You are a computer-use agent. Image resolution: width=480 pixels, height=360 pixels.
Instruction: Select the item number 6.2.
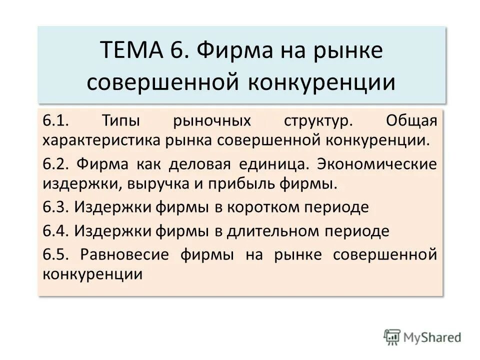(55, 164)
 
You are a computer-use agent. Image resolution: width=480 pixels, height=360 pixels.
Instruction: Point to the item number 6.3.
(55, 206)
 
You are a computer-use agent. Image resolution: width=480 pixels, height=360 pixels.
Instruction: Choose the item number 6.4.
(55, 230)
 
